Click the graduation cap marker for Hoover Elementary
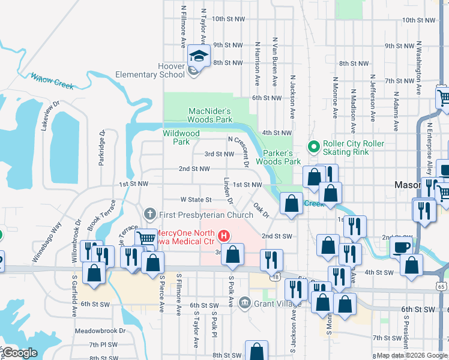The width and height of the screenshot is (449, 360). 197,56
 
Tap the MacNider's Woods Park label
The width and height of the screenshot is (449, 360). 210,115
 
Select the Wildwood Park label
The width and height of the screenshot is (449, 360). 181,137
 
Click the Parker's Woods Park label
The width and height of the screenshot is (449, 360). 278,157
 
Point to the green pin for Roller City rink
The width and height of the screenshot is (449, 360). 313,146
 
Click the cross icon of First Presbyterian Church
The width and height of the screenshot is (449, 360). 150,214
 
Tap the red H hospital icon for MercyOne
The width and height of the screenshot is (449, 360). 224,235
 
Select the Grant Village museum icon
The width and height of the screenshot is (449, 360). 244,302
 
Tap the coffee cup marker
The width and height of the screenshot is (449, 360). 402,247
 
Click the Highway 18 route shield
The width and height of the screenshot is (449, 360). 275,277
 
